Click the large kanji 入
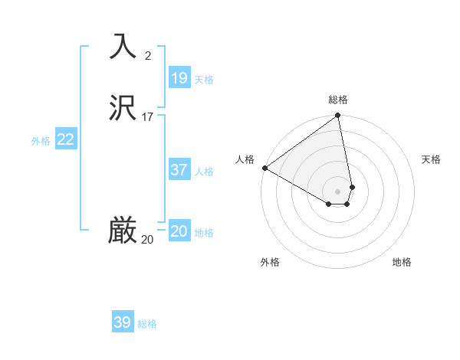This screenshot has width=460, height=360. (123, 46)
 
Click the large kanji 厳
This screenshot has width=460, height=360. (123, 231)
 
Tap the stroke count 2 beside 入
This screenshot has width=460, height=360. (148, 55)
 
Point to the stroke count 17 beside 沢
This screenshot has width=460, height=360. (148, 117)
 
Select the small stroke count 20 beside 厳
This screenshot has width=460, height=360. (147, 240)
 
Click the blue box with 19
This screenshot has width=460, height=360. (179, 78)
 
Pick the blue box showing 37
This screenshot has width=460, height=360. (179, 170)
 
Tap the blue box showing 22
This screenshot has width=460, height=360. (66, 139)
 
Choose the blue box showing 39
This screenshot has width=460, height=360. (123, 322)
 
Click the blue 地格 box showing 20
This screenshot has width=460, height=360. (179, 231)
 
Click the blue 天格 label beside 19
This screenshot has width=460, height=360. (204, 80)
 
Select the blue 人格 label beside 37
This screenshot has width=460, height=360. (204, 172)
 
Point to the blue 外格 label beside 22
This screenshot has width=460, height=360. (41, 141)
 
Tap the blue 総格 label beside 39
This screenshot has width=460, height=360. (147, 324)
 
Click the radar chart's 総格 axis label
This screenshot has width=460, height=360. (338, 100)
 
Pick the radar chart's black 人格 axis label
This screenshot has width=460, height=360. (245, 159)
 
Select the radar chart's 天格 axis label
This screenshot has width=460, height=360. (431, 159)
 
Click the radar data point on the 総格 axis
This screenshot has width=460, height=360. (338, 116)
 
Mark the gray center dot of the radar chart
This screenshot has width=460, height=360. (338, 191)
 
